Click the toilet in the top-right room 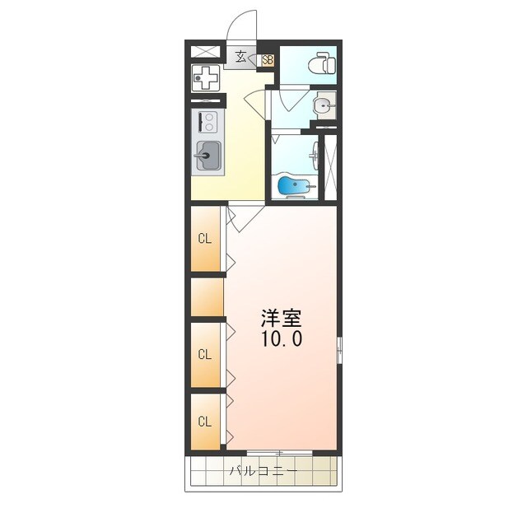click(322, 63)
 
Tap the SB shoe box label click(268, 60)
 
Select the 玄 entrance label click(240, 57)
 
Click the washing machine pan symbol click(205, 78)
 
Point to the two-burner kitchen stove click(208, 122)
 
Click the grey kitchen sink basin click(208, 156)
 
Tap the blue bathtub click(294, 186)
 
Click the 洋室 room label click(282, 318)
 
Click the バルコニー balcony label click(263, 470)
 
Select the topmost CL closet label click(205, 239)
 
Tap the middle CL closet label click(205, 354)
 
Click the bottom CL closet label click(205, 421)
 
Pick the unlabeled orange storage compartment click(207, 297)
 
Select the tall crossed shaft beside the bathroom click(330, 167)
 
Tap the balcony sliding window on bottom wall click(280, 453)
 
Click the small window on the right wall click(339, 350)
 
